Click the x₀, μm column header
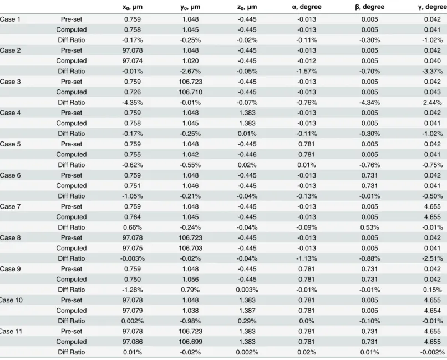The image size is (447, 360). (x=133, y=7)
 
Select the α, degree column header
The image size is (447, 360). (x=307, y=7)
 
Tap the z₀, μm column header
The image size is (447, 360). (x=247, y=7)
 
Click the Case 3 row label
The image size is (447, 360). (x=11, y=82)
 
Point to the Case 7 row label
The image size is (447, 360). (x=11, y=206)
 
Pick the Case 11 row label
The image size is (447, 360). (x=11, y=331)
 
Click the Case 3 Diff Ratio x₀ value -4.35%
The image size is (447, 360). (x=133, y=102)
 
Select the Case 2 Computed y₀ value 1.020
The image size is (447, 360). (x=190, y=60)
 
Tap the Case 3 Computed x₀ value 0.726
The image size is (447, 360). (x=133, y=92)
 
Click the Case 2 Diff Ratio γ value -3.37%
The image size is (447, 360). (x=433, y=71)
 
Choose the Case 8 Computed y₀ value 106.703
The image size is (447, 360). (x=190, y=248)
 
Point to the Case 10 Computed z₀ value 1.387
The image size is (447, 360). (x=247, y=311)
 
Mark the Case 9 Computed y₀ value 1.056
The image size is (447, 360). (x=190, y=280)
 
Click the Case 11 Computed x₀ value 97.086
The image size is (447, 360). (x=133, y=342)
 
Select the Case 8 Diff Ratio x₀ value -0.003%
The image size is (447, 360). (x=133, y=258)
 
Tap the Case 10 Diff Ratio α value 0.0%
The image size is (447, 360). (x=307, y=321)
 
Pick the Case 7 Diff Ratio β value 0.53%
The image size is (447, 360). (x=370, y=227)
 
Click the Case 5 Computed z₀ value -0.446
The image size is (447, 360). (x=247, y=155)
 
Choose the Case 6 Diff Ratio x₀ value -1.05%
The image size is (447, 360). (x=133, y=196)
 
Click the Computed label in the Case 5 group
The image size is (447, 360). (x=72, y=155)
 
